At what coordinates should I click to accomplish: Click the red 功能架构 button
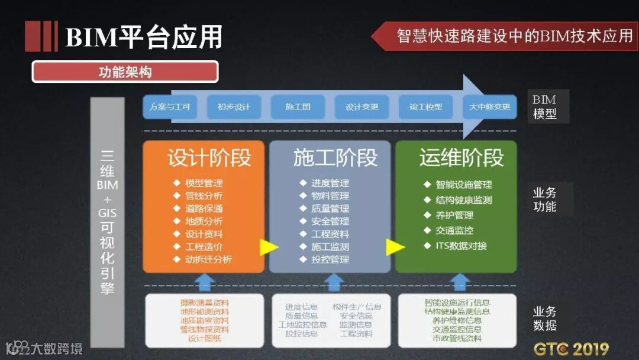coord(125,72)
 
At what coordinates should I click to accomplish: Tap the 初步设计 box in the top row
coord(234,107)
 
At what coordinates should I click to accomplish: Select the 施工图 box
coord(298,107)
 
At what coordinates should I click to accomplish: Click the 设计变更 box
coord(362,107)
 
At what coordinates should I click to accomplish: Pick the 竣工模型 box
coord(425,107)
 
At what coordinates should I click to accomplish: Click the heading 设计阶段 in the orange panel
coord(209,158)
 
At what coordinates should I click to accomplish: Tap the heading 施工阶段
coord(335,158)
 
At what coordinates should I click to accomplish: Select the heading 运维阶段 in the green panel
coord(461,158)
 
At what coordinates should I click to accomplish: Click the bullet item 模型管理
coord(204,184)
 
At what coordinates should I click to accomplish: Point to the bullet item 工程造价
coord(204,247)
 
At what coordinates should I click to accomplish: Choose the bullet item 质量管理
coord(330,208)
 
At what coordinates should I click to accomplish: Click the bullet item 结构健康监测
coord(463,200)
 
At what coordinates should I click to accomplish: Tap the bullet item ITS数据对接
coord(461,246)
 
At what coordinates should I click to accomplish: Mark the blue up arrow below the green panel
coord(461,282)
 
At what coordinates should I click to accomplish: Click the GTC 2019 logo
coord(571,348)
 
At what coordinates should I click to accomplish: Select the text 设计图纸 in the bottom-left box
coord(204,339)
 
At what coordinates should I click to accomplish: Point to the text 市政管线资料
coord(456,339)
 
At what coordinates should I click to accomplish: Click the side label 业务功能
coord(544,200)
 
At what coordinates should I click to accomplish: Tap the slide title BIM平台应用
coord(144,37)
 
